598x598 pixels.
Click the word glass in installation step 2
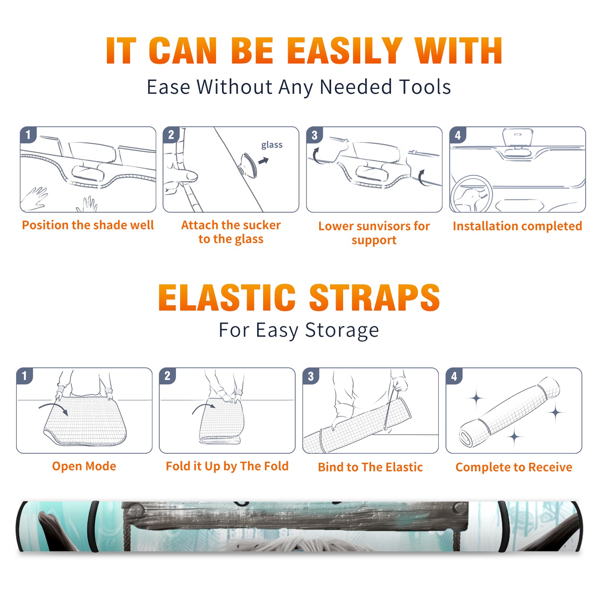pyautogui.click(x=272, y=145)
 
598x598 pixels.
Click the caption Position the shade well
pyautogui.click(x=88, y=225)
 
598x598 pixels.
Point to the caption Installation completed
pyautogui.click(x=517, y=226)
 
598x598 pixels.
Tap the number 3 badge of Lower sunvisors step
pyautogui.click(x=315, y=135)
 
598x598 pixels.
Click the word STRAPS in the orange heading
pyautogui.click(x=374, y=298)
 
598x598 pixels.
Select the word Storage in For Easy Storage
pyautogui.click(x=342, y=331)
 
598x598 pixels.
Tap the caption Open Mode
pyautogui.click(x=84, y=466)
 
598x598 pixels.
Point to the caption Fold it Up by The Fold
pyautogui.click(x=227, y=466)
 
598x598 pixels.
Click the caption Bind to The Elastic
pyautogui.click(x=370, y=467)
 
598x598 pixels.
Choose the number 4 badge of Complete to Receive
pyautogui.click(x=454, y=376)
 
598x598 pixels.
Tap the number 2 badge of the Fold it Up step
pyautogui.click(x=167, y=376)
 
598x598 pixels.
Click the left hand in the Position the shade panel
pyautogui.click(x=34, y=198)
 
